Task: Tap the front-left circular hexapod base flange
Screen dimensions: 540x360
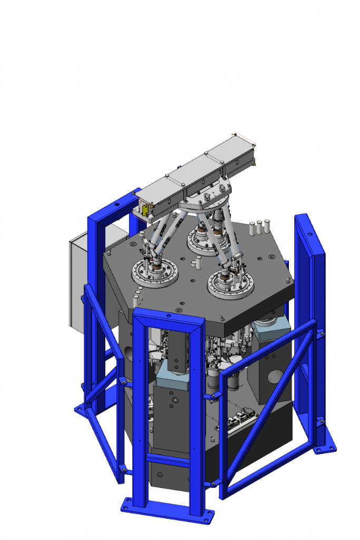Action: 153,274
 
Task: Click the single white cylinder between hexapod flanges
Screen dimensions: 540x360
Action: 198,262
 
